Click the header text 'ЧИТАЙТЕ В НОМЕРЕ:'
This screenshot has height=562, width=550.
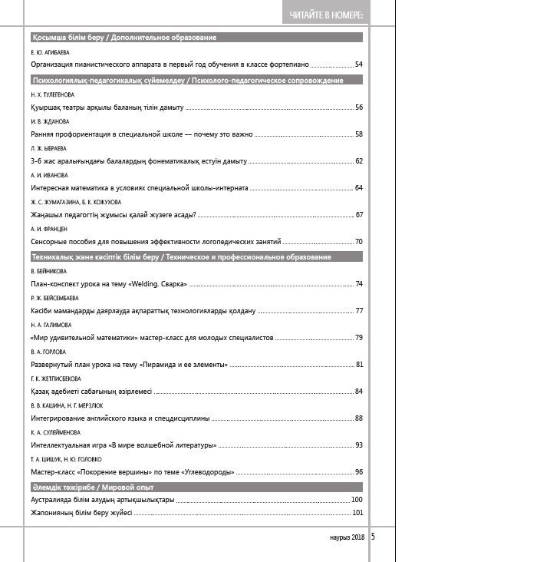tap(325, 15)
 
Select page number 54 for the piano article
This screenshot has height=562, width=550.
tap(358, 64)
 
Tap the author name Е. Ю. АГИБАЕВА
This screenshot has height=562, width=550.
tap(49, 52)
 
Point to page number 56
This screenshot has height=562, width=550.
tap(358, 107)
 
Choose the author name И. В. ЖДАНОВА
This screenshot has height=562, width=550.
tap(50, 121)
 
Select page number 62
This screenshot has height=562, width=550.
tap(358, 161)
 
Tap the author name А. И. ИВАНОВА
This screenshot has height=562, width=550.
tap(49, 175)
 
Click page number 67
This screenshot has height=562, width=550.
tap(358, 215)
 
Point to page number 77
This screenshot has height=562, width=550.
tap(358, 311)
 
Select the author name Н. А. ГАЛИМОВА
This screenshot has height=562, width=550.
tap(51, 325)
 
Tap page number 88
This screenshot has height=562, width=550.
tap(358, 418)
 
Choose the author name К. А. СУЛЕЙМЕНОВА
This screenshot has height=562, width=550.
tap(55, 432)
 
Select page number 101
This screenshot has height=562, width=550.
tap(357, 513)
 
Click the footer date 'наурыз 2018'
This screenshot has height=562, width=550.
tap(347, 537)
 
